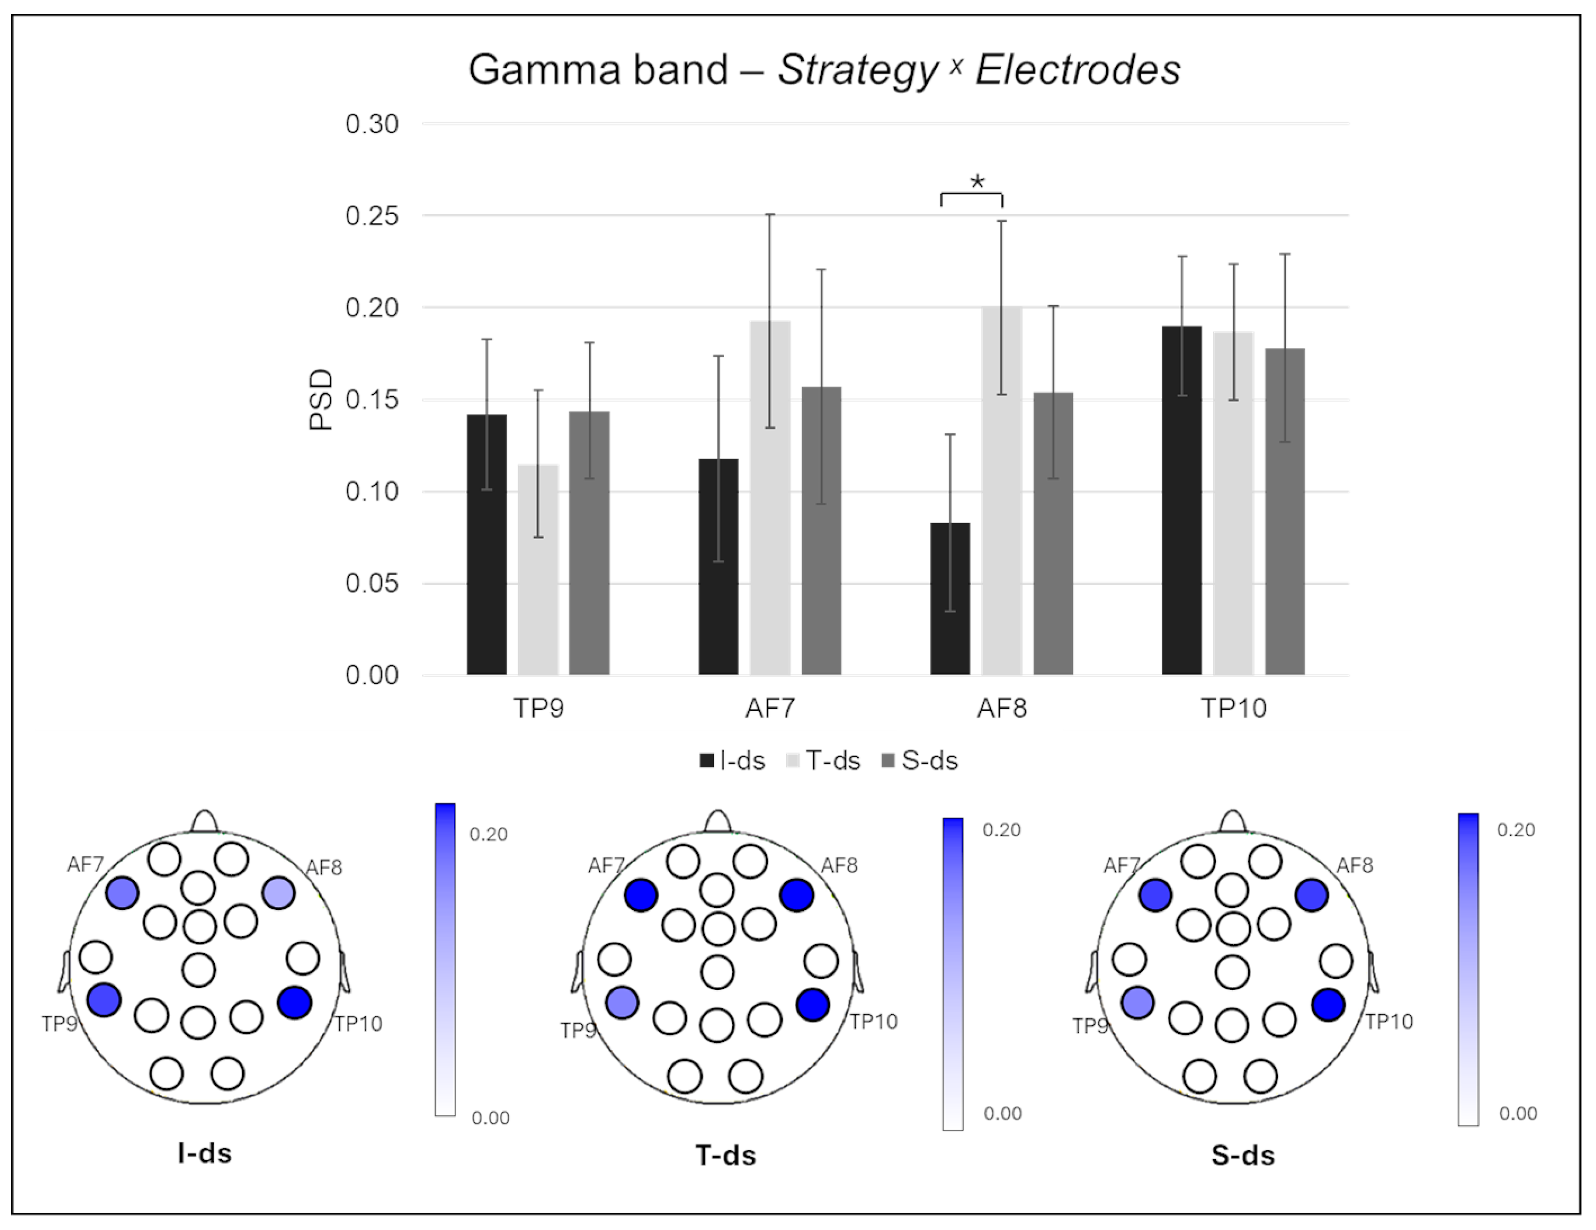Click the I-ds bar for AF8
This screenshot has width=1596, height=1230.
pos(950,599)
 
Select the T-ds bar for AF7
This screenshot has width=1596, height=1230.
pos(770,497)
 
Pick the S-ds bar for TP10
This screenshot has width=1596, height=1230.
pos(1285,511)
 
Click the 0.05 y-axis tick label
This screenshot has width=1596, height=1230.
pos(372,583)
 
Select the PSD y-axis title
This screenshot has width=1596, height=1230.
pos(321,399)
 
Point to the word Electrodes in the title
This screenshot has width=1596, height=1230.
pos(1078,70)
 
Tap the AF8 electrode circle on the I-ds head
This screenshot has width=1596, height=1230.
pos(279,893)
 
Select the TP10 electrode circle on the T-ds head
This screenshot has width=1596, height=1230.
pos(813,1005)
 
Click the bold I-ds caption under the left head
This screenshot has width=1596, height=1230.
pos(204,1153)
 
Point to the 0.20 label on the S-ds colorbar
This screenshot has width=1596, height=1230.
pos(1516,829)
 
